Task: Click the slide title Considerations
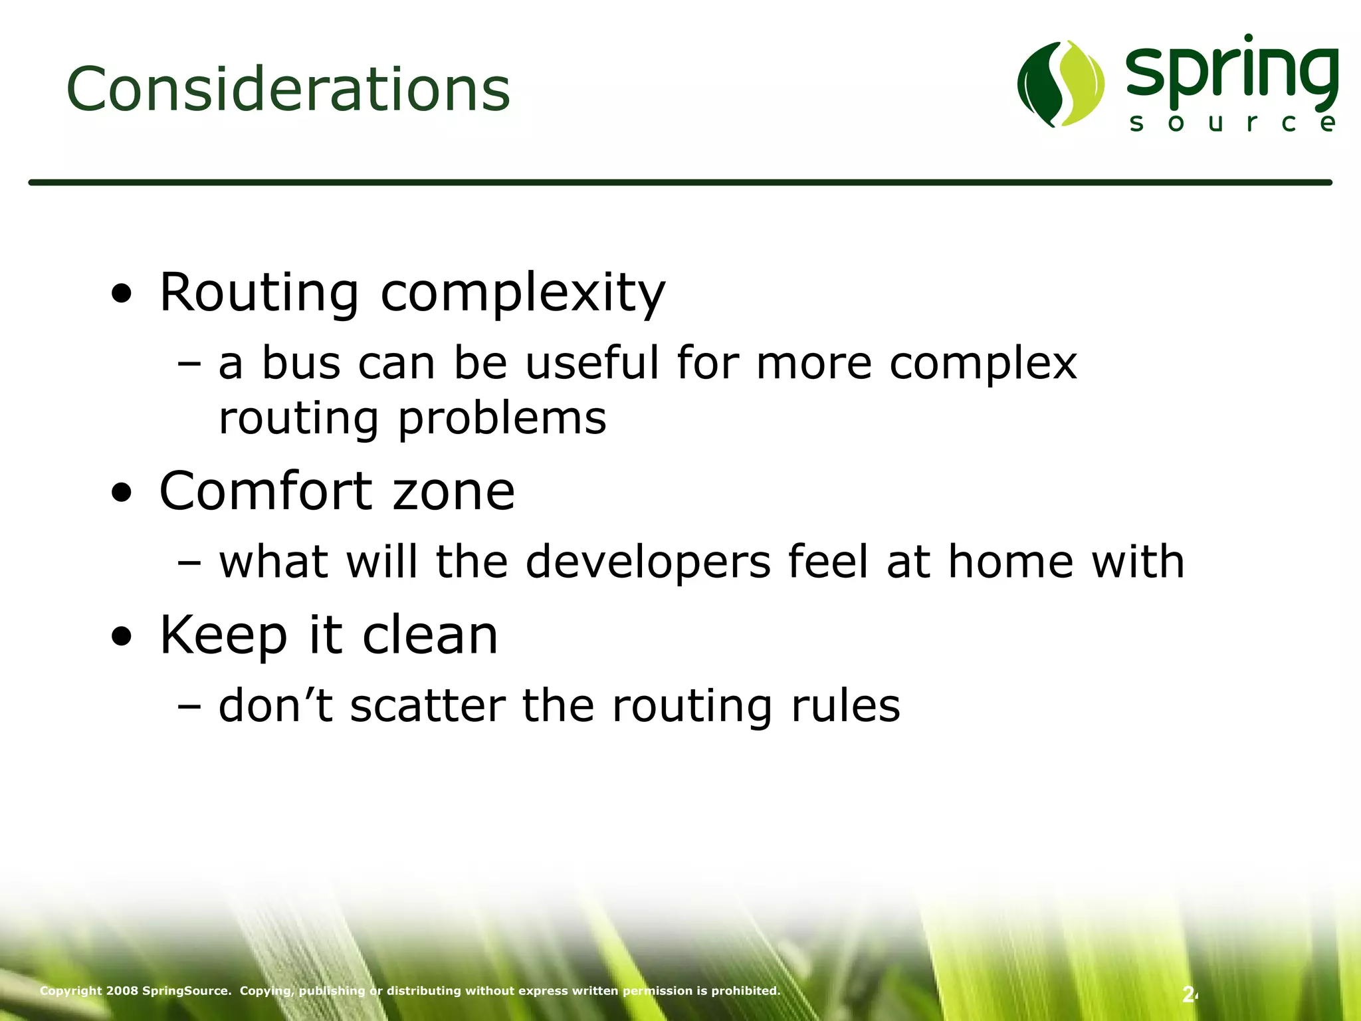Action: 288,89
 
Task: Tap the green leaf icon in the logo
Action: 1061,84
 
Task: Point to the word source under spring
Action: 1232,123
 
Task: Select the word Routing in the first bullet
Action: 259,292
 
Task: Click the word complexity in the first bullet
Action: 522,294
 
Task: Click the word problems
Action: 502,419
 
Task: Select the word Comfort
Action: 266,491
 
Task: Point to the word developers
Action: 648,562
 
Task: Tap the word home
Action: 1010,562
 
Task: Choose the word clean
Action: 430,635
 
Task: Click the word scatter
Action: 427,706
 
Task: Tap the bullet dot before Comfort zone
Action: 121,493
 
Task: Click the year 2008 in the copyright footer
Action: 122,991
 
